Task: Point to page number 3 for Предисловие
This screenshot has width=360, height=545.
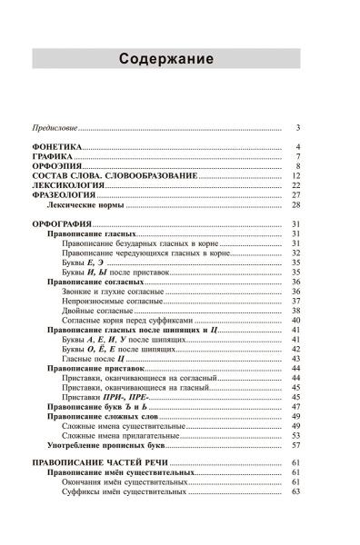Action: coord(297,128)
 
